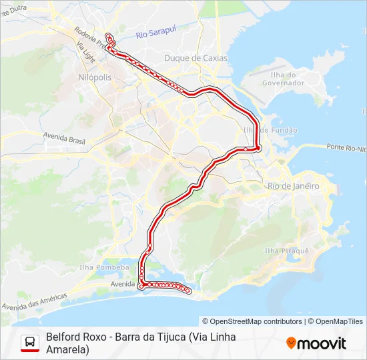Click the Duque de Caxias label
196,58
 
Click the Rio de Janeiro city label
293,186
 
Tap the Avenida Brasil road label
65,137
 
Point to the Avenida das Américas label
35,301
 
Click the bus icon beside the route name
30,343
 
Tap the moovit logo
316,343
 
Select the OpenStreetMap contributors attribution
252,321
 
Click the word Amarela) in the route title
67,349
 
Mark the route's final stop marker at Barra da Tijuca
189,291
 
